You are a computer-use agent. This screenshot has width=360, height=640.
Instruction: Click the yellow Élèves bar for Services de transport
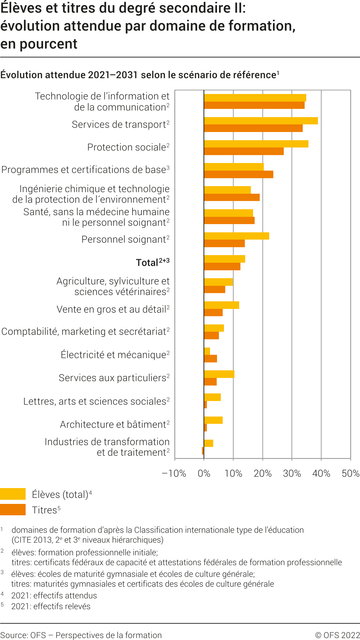pos(261,121)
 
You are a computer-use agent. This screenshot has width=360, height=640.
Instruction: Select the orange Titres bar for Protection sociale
pos(244,151)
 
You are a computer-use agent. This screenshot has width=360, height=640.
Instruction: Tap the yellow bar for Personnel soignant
pos(236,236)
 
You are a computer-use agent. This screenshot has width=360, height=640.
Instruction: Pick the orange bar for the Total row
pos(222,267)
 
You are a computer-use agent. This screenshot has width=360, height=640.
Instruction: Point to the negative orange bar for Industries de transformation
pos(203,451)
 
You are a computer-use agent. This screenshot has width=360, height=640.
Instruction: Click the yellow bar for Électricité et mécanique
pos(207,351)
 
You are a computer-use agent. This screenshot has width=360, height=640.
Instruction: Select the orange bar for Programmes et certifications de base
pos(239,174)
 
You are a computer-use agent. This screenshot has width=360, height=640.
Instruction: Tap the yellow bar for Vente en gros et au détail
pos(221,305)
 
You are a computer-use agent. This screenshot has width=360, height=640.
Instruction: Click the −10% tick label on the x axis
pos(174,474)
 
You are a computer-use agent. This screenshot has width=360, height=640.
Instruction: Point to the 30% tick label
pos(292,474)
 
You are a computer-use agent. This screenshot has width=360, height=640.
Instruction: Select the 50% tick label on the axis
pos(351,474)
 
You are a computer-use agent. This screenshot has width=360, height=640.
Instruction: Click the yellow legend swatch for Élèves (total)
pos(13,494)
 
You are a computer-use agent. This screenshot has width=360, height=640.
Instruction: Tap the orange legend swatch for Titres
pos(13,510)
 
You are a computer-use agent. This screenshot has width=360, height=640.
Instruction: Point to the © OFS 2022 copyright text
pos(337,635)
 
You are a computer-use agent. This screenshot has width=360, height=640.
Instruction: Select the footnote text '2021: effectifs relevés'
pos(51,606)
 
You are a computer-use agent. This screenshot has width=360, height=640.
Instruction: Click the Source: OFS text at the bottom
pos(23,635)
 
